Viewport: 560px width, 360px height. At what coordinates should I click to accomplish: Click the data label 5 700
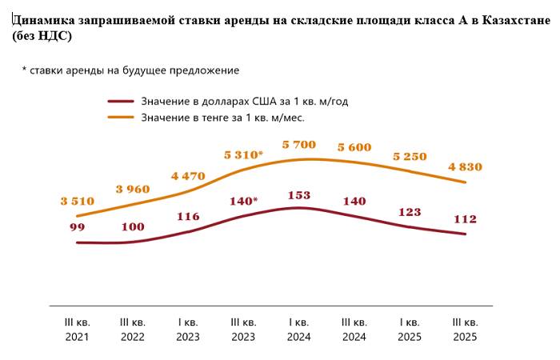299,145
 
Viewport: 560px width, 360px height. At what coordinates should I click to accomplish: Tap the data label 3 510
78,202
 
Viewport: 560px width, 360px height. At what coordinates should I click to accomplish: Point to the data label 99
78,227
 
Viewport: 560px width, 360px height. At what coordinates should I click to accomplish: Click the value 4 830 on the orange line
465,167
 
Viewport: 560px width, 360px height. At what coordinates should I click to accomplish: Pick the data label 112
465,220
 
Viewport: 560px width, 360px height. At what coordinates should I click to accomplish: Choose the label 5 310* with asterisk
244,154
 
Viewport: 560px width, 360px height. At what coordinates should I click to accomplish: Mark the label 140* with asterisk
244,201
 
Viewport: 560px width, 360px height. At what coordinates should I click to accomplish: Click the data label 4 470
188,176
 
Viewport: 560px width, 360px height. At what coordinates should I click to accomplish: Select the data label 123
410,212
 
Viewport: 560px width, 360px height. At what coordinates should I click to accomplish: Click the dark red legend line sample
121,102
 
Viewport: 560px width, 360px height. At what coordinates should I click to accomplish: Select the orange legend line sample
121,118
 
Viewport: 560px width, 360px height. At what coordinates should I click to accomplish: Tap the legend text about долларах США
244,102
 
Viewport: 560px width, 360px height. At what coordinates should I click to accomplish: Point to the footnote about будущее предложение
130,70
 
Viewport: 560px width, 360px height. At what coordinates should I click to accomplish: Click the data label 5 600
354,147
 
